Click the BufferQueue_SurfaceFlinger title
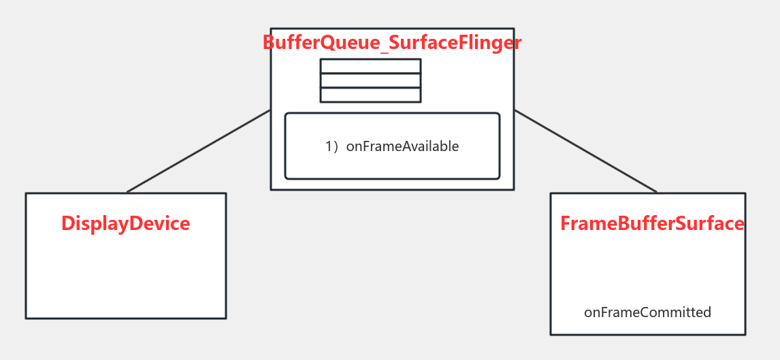coord(392,43)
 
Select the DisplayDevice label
coord(126,224)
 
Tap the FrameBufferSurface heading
coord(652,224)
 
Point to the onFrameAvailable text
coord(402,146)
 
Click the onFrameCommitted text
coord(647,312)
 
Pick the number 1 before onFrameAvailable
coord(329,146)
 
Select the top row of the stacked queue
coord(370,66)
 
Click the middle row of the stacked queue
coord(370,80)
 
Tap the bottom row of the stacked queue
coord(370,95)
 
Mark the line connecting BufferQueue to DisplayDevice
coord(199,151)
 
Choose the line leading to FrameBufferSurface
coord(585,151)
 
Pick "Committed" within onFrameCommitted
coord(673,312)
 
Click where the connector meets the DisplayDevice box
coord(127,193)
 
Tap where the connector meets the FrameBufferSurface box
coord(657,193)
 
